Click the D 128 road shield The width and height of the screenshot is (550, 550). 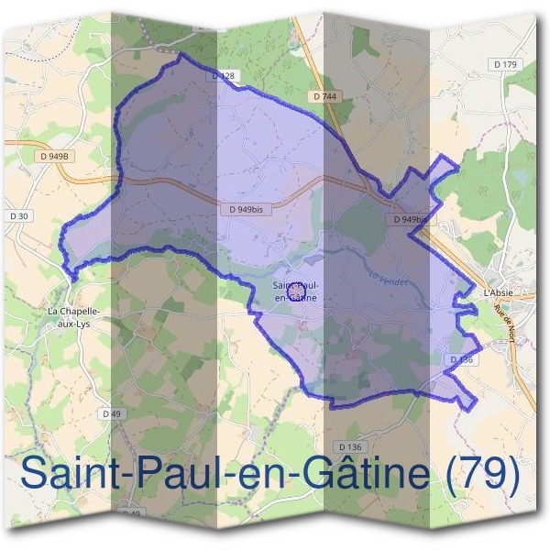[224, 76]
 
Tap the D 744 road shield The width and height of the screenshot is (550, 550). [323, 95]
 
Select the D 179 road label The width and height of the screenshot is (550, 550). [505, 64]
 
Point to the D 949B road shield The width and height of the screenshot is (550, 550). [55, 157]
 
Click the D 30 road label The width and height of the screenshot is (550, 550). [18, 215]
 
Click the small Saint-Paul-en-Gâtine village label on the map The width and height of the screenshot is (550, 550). [295, 291]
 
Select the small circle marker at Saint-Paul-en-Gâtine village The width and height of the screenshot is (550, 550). [295, 290]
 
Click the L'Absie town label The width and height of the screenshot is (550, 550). [499, 292]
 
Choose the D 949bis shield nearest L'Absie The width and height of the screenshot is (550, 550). [410, 220]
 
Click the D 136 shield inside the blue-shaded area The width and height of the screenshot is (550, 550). [461, 360]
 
